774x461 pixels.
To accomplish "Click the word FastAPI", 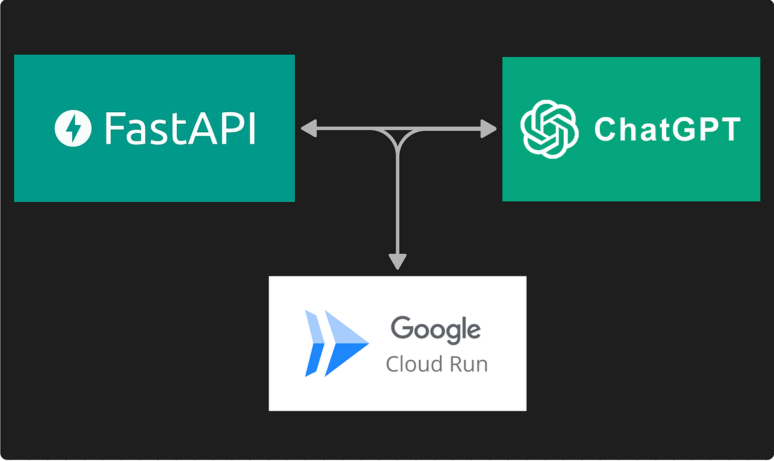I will [180, 128].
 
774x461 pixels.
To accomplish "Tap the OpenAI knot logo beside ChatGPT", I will [548, 129].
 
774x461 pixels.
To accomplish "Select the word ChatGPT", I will [666, 130].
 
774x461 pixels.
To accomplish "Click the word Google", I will [436, 329].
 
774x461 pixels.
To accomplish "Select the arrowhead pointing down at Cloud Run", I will [398, 261].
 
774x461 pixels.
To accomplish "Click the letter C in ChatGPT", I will [605, 130].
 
